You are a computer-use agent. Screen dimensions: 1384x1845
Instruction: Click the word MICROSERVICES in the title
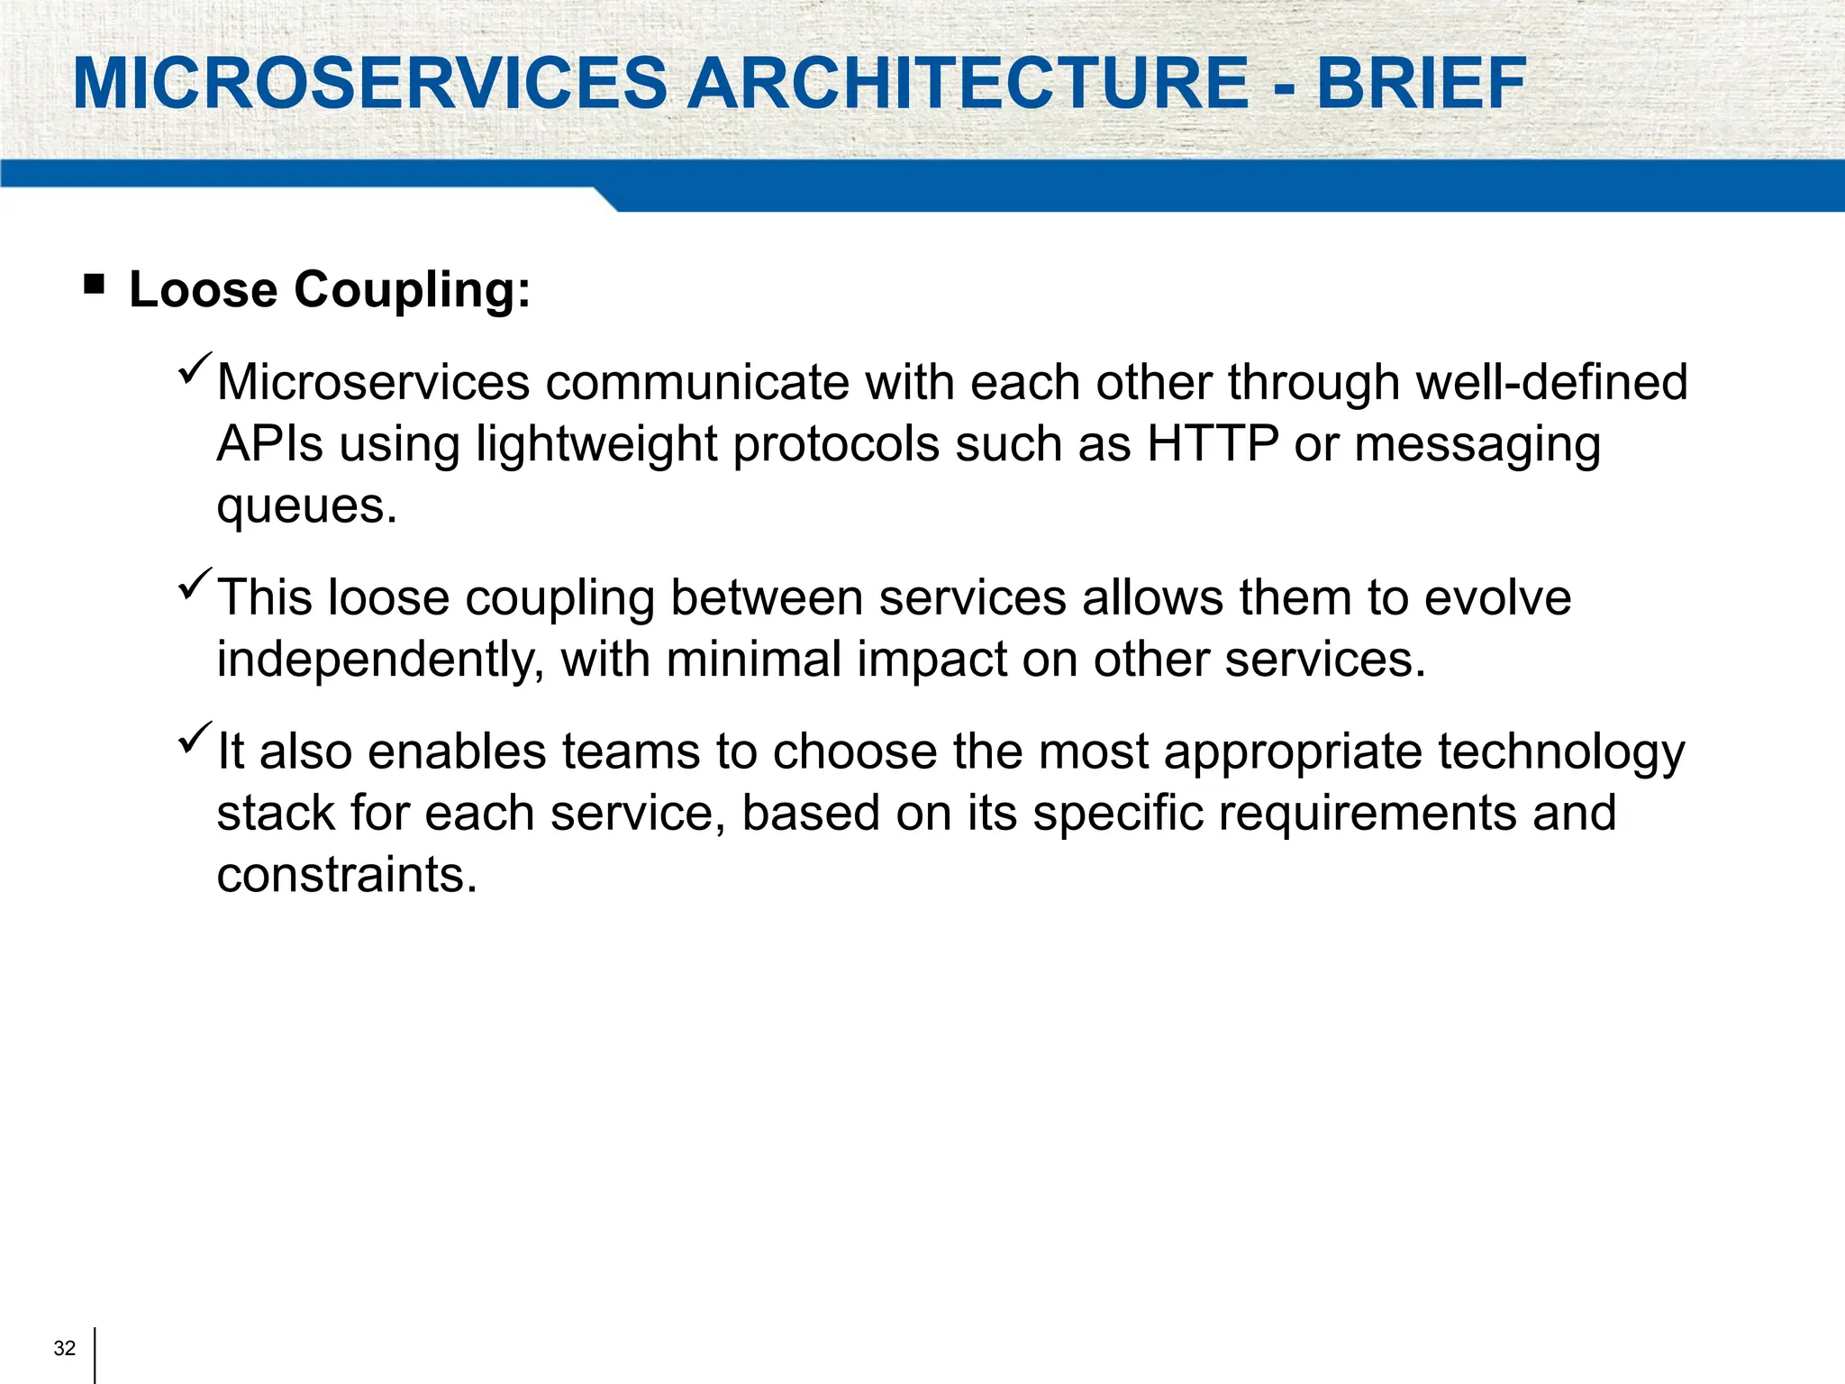369,84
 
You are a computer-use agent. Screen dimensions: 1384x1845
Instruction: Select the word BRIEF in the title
1421,84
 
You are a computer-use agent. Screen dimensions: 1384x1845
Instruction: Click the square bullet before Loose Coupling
94,286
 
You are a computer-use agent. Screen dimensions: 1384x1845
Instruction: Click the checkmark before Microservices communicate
195,368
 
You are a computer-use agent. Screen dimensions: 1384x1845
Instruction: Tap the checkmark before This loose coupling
195,583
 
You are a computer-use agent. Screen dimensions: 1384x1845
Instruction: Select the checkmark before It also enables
195,737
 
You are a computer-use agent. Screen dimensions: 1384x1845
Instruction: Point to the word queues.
306,506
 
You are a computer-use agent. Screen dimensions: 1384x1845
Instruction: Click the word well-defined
1551,382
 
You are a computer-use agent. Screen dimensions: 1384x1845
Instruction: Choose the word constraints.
347,875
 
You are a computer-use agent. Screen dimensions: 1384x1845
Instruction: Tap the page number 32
65,1348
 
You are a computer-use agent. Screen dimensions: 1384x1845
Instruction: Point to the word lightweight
595,445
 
